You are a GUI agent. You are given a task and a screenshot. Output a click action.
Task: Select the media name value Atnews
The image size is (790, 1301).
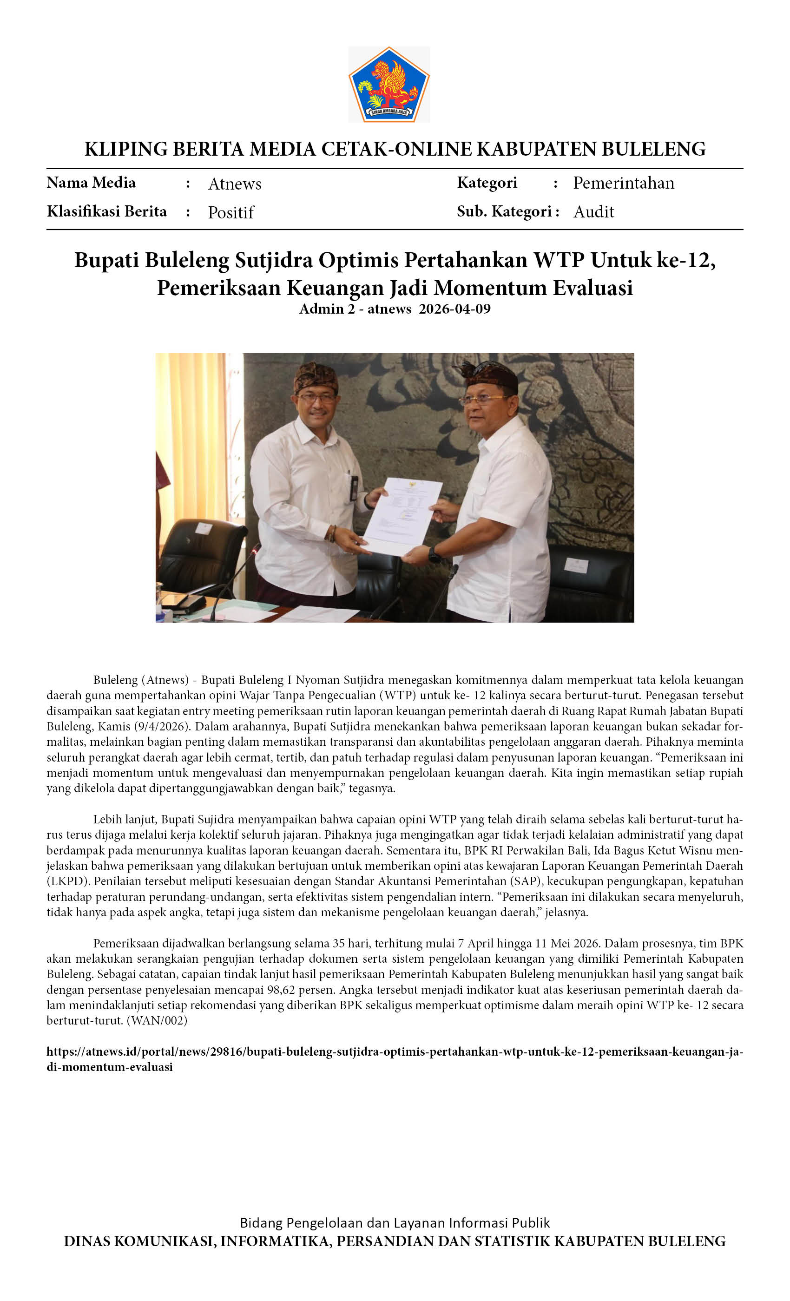[235, 184]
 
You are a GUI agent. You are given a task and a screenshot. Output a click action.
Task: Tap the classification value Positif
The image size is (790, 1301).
[231, 212]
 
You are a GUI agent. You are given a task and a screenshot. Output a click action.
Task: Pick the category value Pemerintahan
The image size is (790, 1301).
[624, 183]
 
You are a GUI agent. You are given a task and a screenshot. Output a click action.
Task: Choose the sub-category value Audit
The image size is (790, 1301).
[593, 212]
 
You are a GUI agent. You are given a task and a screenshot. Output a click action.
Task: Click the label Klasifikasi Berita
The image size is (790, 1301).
[107, 211]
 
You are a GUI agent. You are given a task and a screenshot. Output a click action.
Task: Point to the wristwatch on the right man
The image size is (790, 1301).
[434, 554]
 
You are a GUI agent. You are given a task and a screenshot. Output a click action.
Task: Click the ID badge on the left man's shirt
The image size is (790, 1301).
[354, 488]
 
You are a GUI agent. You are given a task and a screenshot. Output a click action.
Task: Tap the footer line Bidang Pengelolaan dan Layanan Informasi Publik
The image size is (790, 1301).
[395, 1223]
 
